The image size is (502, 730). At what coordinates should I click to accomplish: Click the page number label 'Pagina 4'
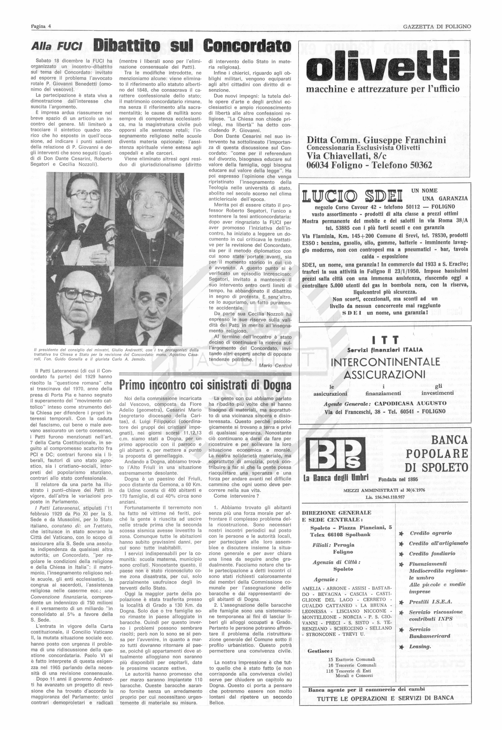click(x=41, y=27)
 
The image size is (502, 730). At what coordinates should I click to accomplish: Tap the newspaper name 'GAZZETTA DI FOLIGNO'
click(x=437, y=27)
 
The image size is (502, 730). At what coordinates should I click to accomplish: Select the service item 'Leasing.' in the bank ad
click(x=420, y=647)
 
